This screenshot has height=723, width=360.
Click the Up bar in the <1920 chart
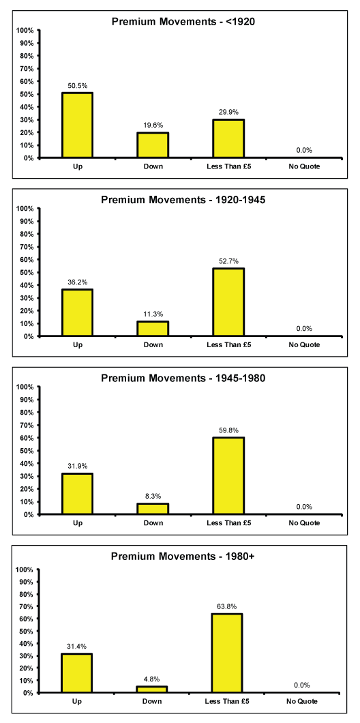point(78,126)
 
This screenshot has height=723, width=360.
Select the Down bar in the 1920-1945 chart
point(153,329)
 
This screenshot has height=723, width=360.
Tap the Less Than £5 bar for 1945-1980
point(228,476)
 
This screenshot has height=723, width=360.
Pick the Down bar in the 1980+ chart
point(153,690)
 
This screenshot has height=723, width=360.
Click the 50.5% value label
point(78,86)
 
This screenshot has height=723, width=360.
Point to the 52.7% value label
point(228,261)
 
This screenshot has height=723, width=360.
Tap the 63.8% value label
point(228,606)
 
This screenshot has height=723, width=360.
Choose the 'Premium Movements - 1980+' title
point(183,556)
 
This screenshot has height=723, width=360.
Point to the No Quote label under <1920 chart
point(304,166)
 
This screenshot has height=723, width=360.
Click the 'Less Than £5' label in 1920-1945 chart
point(228,344)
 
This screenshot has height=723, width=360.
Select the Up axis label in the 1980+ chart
point(77,701)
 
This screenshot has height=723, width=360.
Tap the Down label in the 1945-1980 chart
point(153,523)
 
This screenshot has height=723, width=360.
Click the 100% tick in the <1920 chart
point(25,31)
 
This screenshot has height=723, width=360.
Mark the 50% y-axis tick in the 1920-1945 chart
point(27,272)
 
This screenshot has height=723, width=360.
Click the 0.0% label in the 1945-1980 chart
point(304,506)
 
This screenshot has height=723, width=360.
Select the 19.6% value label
point(153,125)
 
